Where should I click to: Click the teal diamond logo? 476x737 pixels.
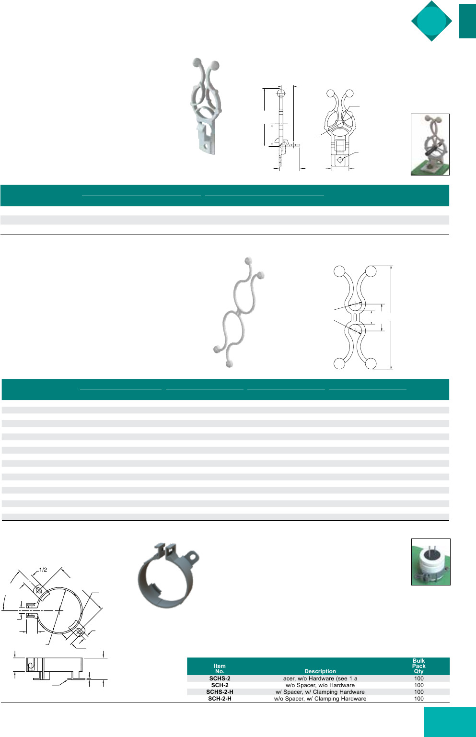pyautogui.click(x=431, y=21)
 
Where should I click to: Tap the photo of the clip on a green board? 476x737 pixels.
pyautogui.click(x=430, y=144)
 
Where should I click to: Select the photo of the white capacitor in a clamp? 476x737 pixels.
pyautogui.click(x=430, y=562)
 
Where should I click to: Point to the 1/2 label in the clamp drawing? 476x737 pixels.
pyautogui.click(x=43, y=570)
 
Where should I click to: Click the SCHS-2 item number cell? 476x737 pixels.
pyautogui.click(x=220, y=679)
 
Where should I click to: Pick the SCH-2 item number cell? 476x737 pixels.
pyautogui.click(x=220, y=685)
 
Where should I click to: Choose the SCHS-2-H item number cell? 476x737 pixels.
pyautogui.click(x=220, y=692)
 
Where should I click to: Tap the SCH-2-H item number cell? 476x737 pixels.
pyautogui.click(x=220, y=699)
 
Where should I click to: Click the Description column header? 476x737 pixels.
pyautogui.click(x=320, y=671)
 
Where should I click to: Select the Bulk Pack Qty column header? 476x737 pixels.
pyautogui.click(x=419, y=666)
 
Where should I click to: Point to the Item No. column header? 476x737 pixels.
pyautogui.click(x=220, y=668)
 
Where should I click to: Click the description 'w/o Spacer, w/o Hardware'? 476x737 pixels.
pyautogui.click(x=320, y=685)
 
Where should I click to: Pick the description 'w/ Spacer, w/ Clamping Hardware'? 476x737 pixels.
pyautogui.click(x=320, y=692)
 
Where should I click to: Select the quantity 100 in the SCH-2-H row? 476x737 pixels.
pyautogui.click(x=419, y=699)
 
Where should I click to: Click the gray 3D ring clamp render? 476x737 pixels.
pyautogui.click(x=168, y=575)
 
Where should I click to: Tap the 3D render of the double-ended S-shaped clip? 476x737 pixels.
pyautogui.click(x=239, y=312)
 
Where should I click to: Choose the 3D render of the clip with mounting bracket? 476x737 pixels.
pyautogui.click(x=206, y=106)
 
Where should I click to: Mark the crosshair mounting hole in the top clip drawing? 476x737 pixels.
pyautogui.click(x=340, y=160)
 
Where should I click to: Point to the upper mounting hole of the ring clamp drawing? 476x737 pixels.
pyautogui.click(x=39, y=590)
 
